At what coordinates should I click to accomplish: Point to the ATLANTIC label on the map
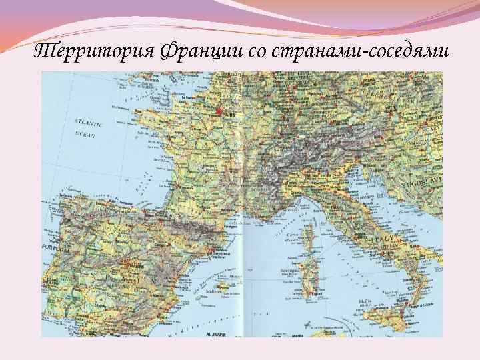tap(88, 123)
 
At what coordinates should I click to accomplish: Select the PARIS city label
tap(228, 114)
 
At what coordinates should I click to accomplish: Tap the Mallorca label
tap(214, 291)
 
